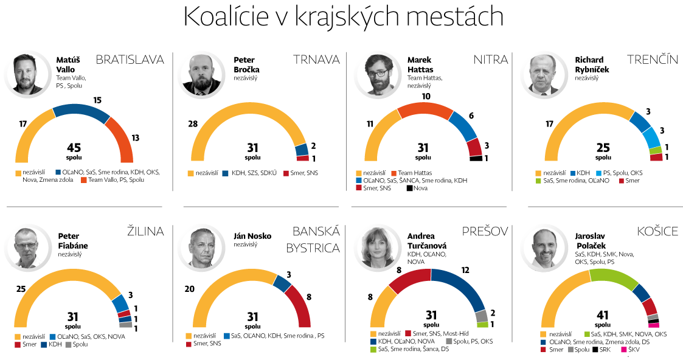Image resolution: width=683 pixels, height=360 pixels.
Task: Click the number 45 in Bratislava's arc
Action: (74, 147)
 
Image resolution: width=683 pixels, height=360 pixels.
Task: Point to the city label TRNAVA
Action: (316, 60)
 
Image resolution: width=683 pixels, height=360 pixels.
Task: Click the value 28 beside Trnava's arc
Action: (193, 124)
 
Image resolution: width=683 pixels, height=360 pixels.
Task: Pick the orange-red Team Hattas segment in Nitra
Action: (424, 111)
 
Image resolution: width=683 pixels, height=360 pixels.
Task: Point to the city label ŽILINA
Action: (145, 231)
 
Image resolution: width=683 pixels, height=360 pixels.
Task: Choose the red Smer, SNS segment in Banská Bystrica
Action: (300, 304)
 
